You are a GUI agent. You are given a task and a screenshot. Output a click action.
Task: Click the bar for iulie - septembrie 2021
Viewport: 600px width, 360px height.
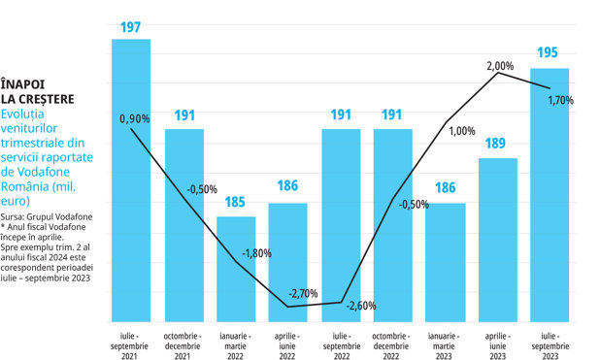pos(131,180)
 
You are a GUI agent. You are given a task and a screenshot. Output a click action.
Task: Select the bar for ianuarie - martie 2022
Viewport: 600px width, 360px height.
pos(236,269)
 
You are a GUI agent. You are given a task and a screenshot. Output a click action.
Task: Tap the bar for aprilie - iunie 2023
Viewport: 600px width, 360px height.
pos(498,240)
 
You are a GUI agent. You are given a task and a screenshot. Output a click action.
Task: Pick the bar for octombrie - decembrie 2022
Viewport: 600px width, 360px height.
pos(393,225)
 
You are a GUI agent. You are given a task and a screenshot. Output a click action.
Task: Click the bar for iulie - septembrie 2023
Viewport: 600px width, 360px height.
pos(550,195)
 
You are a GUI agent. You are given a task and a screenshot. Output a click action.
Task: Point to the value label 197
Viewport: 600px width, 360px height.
pos(130,27)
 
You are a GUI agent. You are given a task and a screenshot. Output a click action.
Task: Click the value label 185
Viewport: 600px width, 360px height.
pos(235,202)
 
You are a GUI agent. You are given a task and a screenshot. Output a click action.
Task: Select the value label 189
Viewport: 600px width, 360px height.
pos(495,144)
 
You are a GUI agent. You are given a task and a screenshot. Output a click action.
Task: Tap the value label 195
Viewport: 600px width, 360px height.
pos(548,52)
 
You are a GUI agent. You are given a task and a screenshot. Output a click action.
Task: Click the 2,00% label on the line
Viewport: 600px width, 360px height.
pos(500,66)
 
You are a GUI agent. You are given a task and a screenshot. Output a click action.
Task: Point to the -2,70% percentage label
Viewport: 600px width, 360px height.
pos(303,293)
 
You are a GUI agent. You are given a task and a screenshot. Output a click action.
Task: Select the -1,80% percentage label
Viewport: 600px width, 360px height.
pos(256,253)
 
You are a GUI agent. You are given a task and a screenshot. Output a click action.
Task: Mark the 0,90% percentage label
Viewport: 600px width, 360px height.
pos(135,119)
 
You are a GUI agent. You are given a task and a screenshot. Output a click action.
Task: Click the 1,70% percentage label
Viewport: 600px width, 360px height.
pos(561,101)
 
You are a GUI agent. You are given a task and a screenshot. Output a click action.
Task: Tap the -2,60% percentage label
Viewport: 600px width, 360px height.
pos(361,306)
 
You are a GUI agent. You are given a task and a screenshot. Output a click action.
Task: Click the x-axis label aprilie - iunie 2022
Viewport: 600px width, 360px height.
pos(287,346)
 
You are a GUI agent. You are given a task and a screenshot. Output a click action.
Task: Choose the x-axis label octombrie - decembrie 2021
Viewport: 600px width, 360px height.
pos(183,346)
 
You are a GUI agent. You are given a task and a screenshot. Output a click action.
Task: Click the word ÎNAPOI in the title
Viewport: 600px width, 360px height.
pos(22,83)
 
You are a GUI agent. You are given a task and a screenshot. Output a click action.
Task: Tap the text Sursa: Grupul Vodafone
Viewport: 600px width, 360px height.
pos(47,217)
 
